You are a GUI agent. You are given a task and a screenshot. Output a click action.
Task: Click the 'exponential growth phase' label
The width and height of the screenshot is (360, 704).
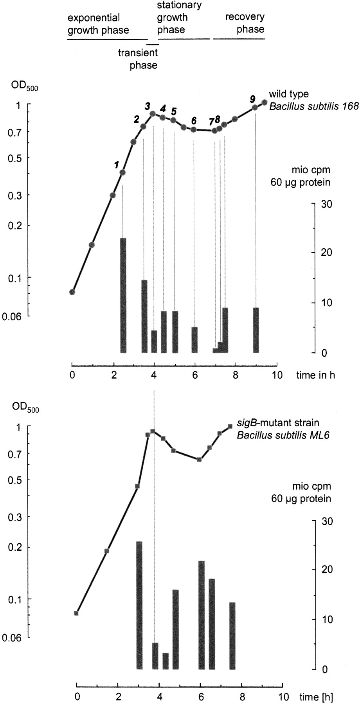(98, 24)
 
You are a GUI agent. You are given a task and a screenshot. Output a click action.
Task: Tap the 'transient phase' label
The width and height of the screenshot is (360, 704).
(138, 59)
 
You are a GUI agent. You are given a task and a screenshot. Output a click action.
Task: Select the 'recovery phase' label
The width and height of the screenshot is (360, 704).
(245, 23)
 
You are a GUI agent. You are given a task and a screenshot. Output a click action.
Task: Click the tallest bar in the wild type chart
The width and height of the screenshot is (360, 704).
(123, 295)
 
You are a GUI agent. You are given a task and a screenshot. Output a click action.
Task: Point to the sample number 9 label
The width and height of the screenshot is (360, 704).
(253, 99)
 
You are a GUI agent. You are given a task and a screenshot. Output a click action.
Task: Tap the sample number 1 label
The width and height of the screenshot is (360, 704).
(117, 165)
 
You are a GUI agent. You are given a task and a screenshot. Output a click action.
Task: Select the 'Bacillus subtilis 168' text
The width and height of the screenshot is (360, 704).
(313, 106)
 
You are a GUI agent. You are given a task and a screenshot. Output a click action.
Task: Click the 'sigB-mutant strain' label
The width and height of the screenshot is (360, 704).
(278, 423)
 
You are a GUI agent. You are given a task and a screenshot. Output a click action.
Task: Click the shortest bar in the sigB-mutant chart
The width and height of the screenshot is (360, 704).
(166, 661)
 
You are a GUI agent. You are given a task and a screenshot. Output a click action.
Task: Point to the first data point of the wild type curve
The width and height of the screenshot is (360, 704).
(72, 292)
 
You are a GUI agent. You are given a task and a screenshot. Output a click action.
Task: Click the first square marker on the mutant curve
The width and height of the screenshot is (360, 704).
(76, 613)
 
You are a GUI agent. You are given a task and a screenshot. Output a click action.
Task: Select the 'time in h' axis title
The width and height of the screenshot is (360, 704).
(315, 375)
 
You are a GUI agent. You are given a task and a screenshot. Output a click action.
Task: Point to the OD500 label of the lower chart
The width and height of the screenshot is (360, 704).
(25, 407)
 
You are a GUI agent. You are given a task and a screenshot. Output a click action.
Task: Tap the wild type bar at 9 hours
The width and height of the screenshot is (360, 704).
(256, 330)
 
